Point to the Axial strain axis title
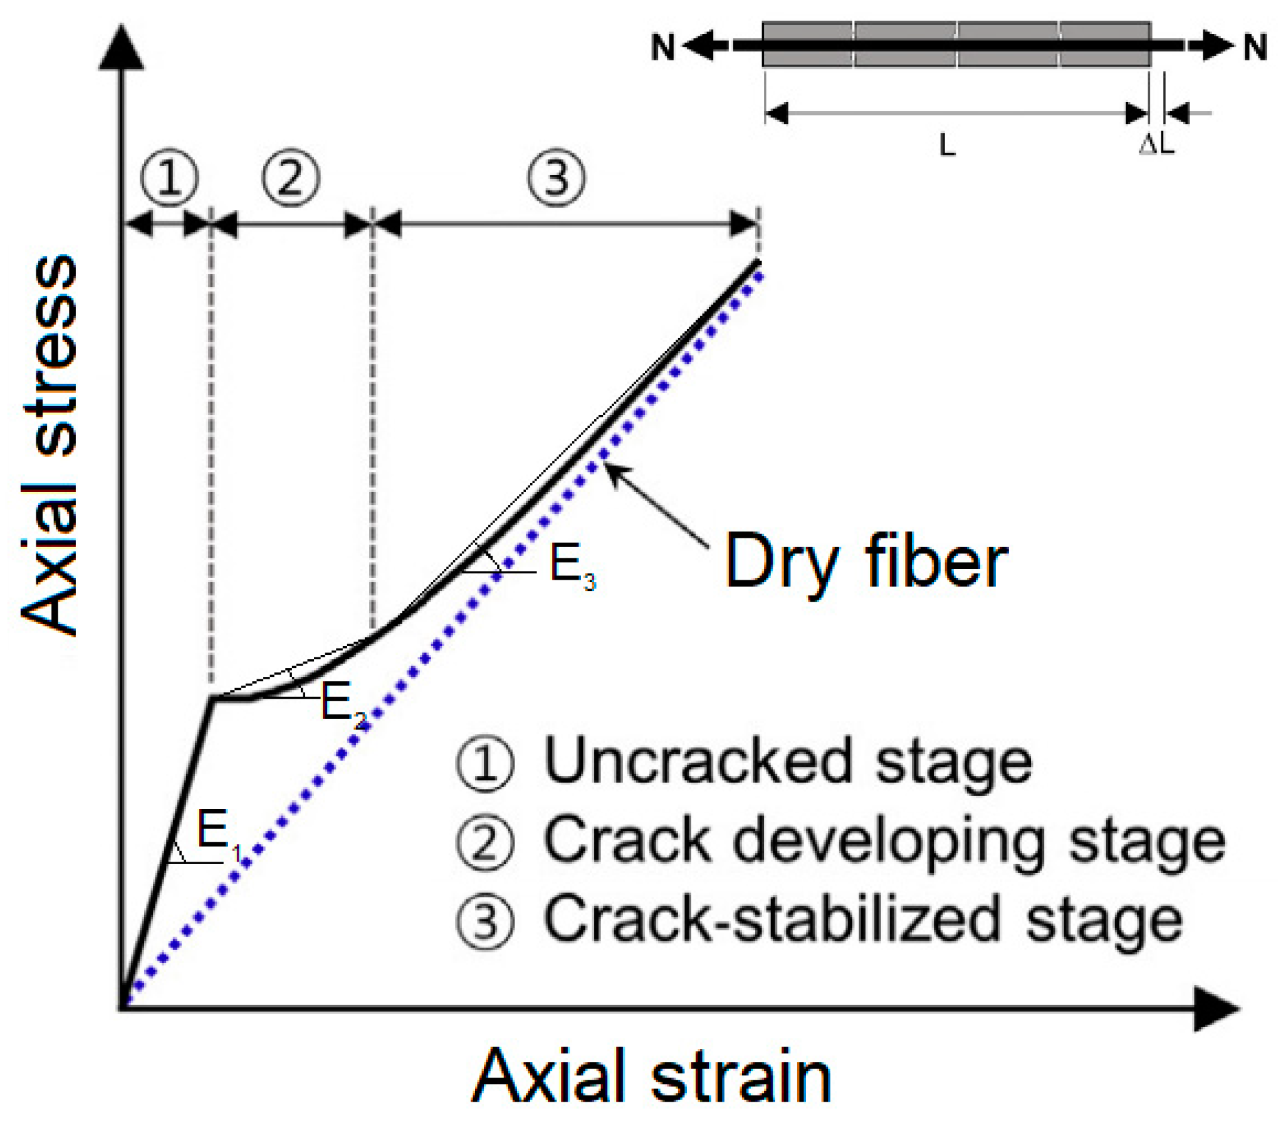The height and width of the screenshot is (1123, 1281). pyautogui.click(x=651, y=1076)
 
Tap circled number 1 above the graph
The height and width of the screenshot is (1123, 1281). pyautogui.click(x=169, y=178)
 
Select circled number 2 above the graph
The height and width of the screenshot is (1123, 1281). pyautogui.click(x=290, y=178)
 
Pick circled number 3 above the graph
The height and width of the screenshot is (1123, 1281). pyautogui.click(x=557, y=178)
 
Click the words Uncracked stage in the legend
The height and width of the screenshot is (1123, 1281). pyautogui.click(x=787, y=762)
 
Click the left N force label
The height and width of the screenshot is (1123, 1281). pyautogui.click(x=662, y=47)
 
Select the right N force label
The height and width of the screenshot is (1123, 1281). pyautogui.click(x=1255, y=47)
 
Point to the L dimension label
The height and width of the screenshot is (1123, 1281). pyautogui.click(x=947, y=147)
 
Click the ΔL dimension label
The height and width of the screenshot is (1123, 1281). pyautogui.click(x=1156, y=145)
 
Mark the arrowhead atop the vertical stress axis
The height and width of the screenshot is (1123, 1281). pyautogui.click(x=122, y=47)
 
